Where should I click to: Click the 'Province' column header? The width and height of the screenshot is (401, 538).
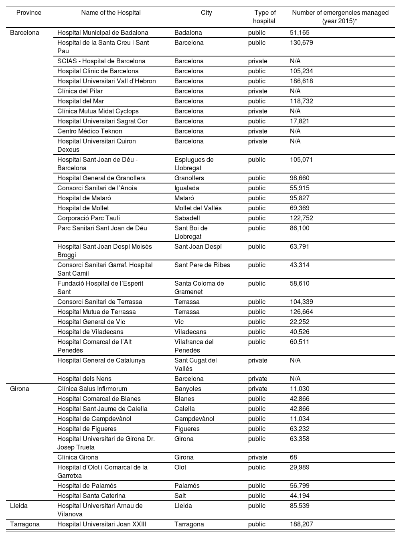click(x=29, y=13)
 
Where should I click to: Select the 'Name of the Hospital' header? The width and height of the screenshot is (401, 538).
click(x=111, y=13)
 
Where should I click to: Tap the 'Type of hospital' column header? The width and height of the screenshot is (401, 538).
click(x=264, y=17)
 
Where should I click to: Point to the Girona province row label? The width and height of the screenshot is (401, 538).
click(x=19, y=389)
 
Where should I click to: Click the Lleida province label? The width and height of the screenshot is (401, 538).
click(x=18, y=506)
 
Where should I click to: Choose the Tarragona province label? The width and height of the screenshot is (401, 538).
click(x=24, y=524)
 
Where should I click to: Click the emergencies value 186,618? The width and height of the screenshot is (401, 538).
click(x=301, y=81)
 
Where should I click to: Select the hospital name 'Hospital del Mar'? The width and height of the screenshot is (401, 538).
click(x=81, y=101)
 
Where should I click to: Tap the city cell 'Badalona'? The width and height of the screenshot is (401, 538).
click(x=188, y=32)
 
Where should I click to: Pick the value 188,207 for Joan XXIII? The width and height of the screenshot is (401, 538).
click(x=301, y=524)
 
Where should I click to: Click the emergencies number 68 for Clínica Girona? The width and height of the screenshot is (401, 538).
click(x=294, y=457)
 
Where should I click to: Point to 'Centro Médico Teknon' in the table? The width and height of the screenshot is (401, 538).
click(x=90, y=131)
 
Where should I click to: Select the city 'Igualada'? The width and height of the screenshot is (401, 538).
click(x=186, y=188)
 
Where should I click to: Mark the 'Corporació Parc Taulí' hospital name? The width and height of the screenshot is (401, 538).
click(x=89, y=218)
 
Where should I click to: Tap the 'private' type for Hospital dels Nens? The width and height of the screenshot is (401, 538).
click(x=257, y=379)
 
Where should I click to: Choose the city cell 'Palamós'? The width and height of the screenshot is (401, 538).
click(x=187, y=486)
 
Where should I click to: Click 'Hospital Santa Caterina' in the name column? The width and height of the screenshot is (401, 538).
click(x=91, y=496)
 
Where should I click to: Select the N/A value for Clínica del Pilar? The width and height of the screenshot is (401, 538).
click(x=295, y=91)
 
